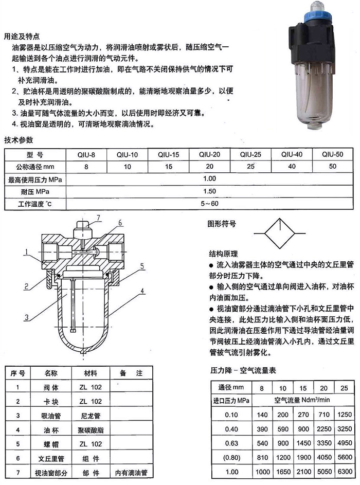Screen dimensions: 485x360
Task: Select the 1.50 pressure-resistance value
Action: pos(209,191)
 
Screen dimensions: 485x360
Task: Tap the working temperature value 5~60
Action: pos(209,204)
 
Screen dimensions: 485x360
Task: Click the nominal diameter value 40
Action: pos(292,167)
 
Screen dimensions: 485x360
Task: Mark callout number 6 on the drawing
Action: pos(120,223)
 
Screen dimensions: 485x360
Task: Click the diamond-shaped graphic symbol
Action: pos(276,232)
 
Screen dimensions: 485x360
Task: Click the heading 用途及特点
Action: pos(22,37)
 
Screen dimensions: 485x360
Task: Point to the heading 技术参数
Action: pos(19,140)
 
